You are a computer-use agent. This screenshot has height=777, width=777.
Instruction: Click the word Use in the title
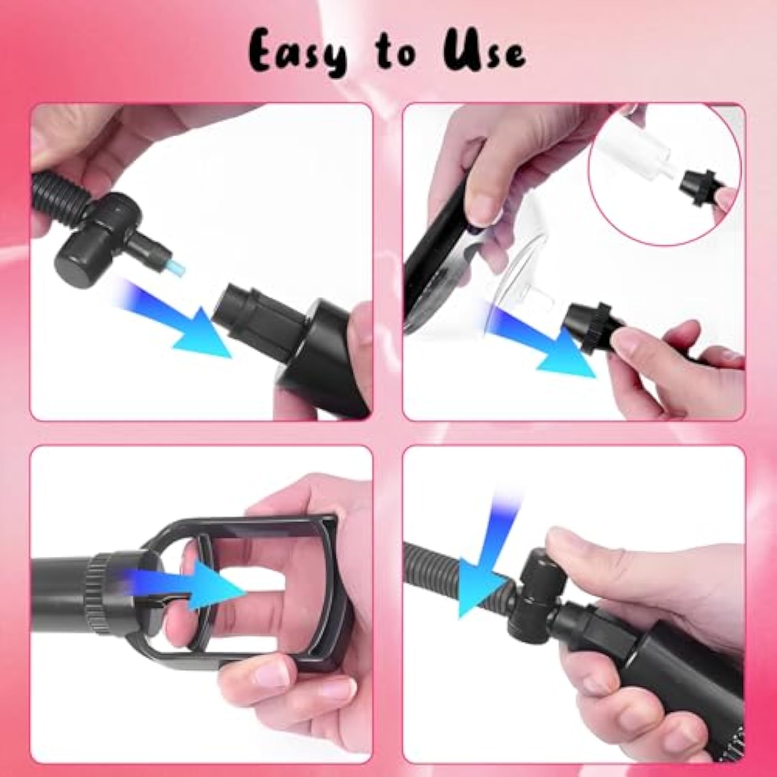[x=484, y=52]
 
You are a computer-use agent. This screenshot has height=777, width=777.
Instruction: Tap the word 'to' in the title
[x=396, y=54]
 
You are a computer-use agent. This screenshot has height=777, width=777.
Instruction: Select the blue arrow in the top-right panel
[x=544, y=345]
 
